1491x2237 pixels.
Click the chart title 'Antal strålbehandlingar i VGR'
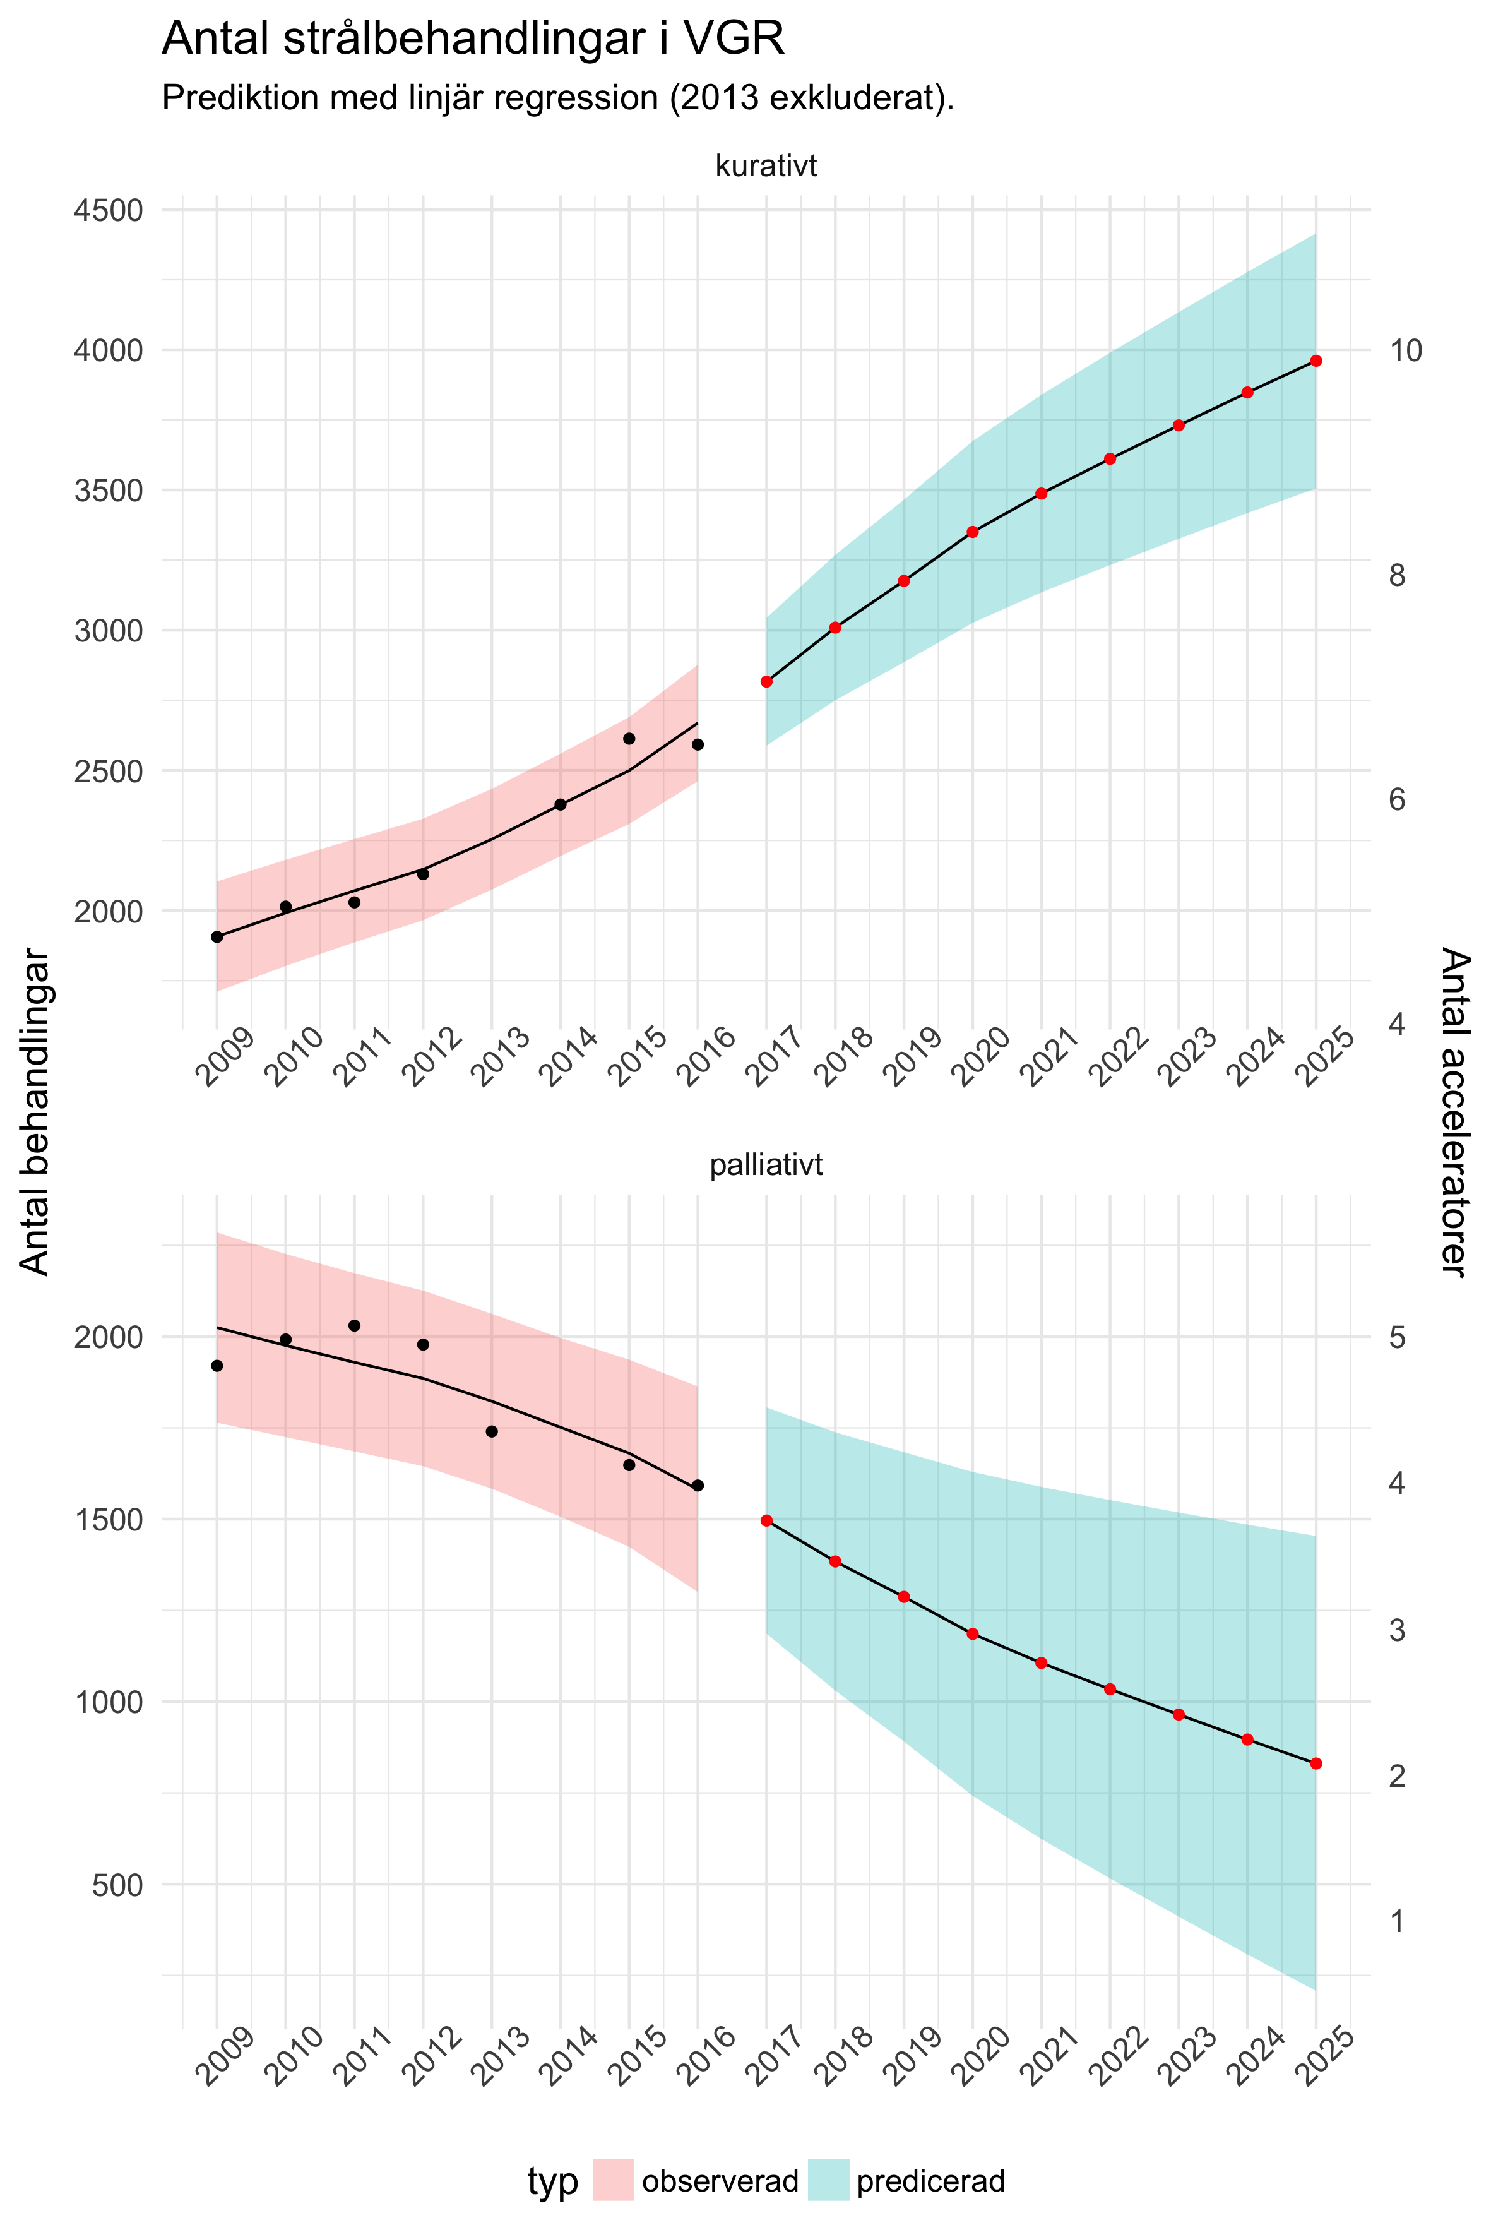pos(473,40)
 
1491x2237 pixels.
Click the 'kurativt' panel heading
pos(766,167)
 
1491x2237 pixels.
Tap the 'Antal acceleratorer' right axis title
pos(1455,1111)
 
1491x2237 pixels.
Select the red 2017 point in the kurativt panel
pos(766,682)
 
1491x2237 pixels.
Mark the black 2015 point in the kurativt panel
pos(629,739)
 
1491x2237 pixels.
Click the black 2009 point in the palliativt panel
pos(217,1366)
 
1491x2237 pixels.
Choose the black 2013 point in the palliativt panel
pos(492,1431)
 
